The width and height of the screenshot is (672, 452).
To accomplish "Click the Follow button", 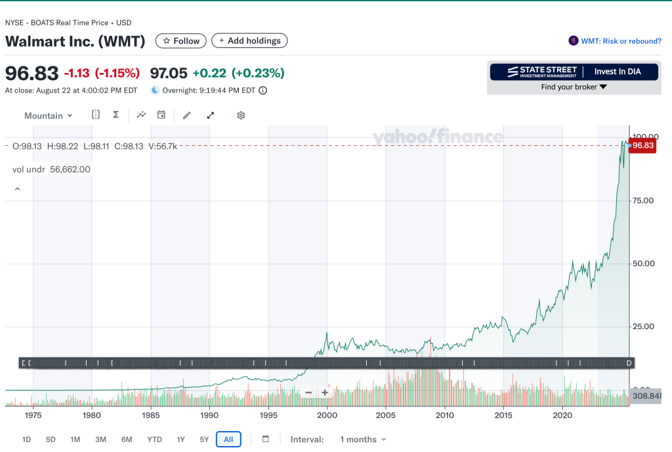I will click(x=180, y=41).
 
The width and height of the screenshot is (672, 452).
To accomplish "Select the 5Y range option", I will click(x=204, y=440).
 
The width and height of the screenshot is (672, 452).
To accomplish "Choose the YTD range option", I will click(x=154, y=440).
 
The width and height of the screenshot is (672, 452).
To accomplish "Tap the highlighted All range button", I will click(x=228, y=440).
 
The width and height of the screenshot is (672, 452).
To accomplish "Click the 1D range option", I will click(x=26, y=440).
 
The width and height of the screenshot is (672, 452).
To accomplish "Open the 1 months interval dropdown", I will click(x=362, y=440).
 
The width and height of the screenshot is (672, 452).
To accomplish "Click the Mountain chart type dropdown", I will click(x=48, y=116).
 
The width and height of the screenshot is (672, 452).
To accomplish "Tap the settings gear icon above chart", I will click(x=241, y=115).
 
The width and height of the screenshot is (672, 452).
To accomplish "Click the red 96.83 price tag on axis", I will click(x=643, y=146).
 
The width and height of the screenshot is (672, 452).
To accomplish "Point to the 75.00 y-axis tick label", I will click(x=643, y=200).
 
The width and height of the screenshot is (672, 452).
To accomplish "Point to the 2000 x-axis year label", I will click(x=327, y=415).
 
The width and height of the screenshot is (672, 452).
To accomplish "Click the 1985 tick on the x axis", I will click(x=151, y=415).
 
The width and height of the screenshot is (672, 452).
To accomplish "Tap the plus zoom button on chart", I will click(x=324, y=392).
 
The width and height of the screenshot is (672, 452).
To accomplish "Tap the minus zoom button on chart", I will click(x=308, y=392).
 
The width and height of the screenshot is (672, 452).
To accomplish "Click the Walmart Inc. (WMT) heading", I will click(x=75, y=41).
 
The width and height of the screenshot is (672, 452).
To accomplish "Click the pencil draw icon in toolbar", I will click(x=187, y=115).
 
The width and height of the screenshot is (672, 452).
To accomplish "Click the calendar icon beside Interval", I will click(x=266, y=440).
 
